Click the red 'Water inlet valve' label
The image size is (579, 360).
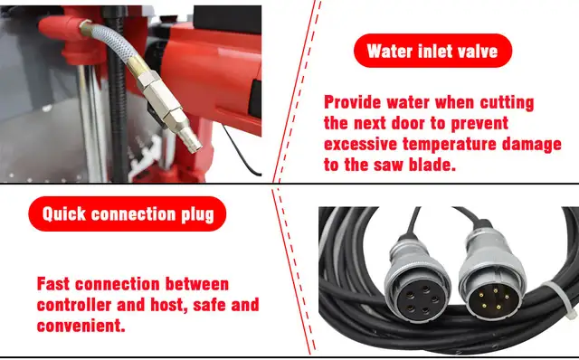pyautogui.click(x=432, y=50)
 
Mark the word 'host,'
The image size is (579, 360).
pyautogui.click(x=185, y=305)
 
